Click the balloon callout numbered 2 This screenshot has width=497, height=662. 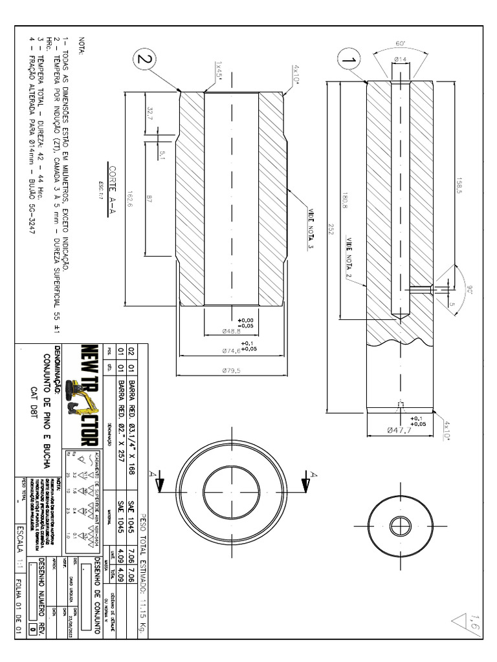click(x=145, y=59)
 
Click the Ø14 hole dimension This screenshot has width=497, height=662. click(x=401, y=59)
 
